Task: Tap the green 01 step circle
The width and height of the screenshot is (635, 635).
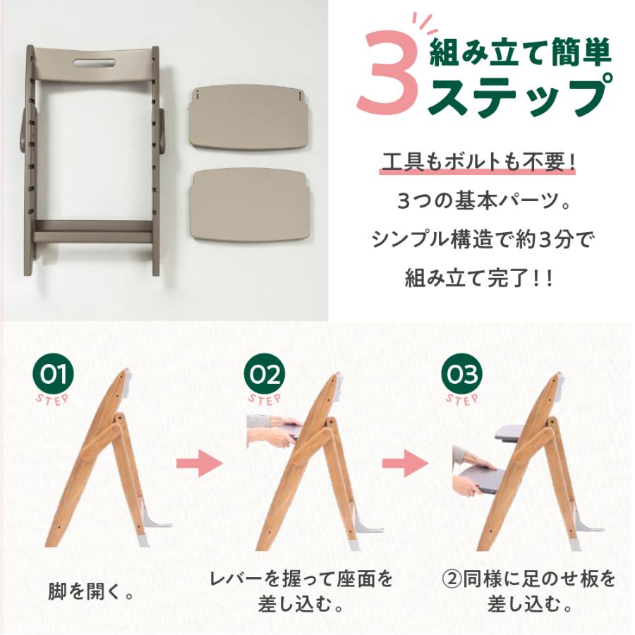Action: tap(53, 374)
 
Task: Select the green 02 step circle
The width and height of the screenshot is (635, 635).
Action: tap(265, 374)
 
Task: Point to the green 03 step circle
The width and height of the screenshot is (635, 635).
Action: tap(462, 374)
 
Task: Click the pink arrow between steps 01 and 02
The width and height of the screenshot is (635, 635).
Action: tap(200, 464)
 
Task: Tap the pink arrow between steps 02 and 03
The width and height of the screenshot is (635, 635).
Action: tap(406, 464)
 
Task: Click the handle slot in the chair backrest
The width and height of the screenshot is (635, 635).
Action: tap(94, 63)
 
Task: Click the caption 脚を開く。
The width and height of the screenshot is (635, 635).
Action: tap(91, 592)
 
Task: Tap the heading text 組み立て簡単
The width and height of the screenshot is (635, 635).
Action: tap(521, 54)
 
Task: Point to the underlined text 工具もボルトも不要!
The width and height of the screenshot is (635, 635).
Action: tap(478, 163)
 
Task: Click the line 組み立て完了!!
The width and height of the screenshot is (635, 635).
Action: tap(478, 279)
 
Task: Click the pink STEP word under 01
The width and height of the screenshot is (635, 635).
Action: tap(52, 399)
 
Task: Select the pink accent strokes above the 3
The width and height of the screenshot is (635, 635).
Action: tap(425, 23)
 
